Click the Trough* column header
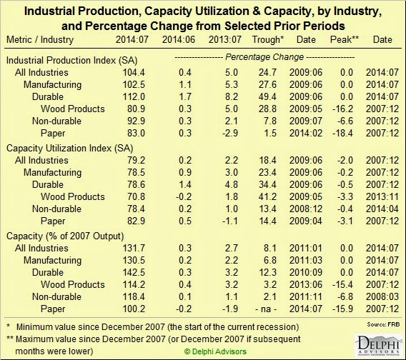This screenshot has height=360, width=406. tap(268, 39)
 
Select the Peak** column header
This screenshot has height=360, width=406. tap(345, 39)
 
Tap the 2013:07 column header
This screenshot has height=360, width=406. tap(225, 39)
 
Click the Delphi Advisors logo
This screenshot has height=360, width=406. tap(378, 346)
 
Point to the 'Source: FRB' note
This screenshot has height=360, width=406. tap(383, 324)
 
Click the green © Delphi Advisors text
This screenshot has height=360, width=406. tap(215, 351)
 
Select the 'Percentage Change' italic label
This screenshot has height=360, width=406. tap(264, 57)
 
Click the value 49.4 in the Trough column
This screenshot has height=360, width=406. tap(267, 97)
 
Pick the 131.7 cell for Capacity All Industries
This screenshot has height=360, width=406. tap(134, 248)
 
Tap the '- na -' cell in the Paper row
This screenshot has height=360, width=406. tap(266, 309)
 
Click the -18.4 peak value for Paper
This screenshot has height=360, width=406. tap(342, 134)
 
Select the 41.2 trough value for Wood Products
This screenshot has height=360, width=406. tap(267, 196)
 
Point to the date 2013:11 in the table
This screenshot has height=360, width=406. tap(382, 196)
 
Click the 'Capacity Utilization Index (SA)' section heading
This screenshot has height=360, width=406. tap(69, 149)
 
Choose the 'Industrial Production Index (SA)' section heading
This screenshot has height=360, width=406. tap(71, 60)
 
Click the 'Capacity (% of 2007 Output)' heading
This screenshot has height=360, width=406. tap(65, 236)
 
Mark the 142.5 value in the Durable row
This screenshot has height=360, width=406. tap(134, 273)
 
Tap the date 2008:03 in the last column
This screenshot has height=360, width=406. tap(382, 297)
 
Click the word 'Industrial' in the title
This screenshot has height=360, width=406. tap(50, 11)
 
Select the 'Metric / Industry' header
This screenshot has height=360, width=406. tap(40, 39)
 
